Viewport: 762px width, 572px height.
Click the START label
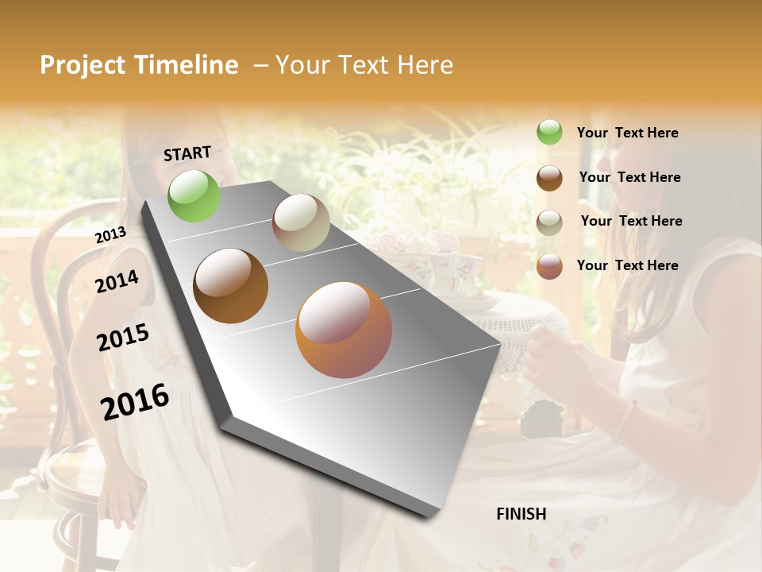(187, 153)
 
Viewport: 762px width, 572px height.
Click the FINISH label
(521, 514)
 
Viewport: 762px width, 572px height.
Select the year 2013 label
(110, 235)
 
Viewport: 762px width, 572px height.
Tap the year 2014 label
(117, 281)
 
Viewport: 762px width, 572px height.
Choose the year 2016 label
(135, 401)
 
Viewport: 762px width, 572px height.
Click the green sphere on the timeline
(194, 195)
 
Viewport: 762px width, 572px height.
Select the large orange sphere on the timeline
(344, 330)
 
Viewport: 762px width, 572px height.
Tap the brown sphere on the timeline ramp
(231, 286)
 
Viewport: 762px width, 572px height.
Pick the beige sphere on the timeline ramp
(301, 222)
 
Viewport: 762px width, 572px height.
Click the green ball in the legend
(549, 133)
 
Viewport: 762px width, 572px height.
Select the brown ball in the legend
(549, 178)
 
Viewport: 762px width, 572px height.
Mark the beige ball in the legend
(549, 222)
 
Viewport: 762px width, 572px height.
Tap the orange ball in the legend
(549, 266)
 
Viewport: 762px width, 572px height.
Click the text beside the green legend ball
(627, 133)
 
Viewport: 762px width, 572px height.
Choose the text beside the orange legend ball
(627, 265)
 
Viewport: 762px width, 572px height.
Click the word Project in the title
(83, 65)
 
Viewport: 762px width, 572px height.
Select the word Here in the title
(425, 65)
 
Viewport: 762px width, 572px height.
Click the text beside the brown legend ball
(629, 177)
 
